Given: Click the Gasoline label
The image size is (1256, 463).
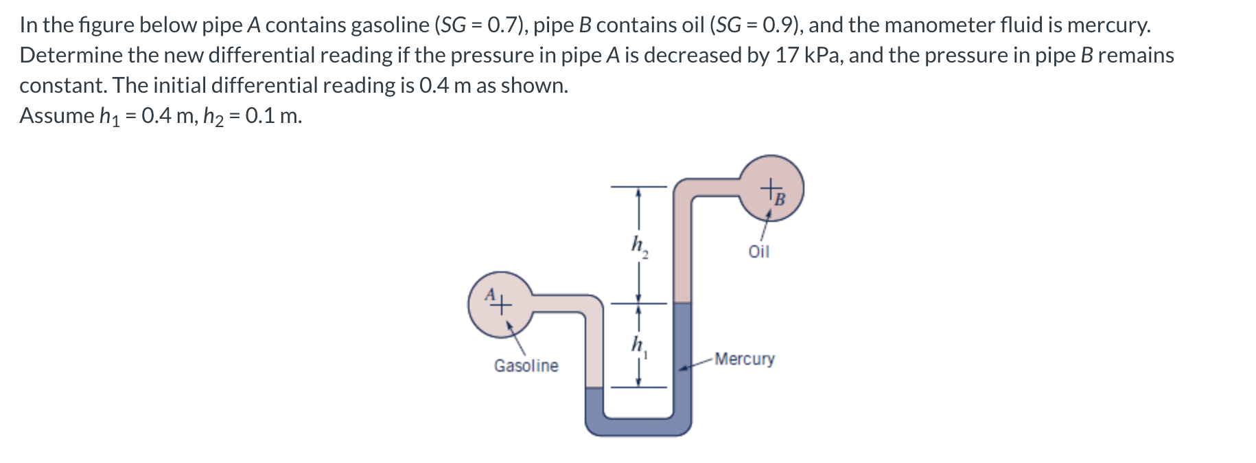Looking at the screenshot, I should (526, 365).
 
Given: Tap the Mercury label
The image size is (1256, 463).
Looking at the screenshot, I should (744, 359).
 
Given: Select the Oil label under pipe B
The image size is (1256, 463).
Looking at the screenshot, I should (758, 251).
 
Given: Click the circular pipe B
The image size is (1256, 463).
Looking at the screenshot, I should (771, 188).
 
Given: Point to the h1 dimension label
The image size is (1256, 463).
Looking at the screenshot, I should (639, 345).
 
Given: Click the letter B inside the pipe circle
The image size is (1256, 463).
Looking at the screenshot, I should (779, 200).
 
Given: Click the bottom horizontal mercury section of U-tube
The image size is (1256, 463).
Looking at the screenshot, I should (638, 426).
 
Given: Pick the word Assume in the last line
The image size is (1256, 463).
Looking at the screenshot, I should (57, 115).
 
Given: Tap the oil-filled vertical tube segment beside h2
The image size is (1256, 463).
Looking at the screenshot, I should (682, 254).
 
